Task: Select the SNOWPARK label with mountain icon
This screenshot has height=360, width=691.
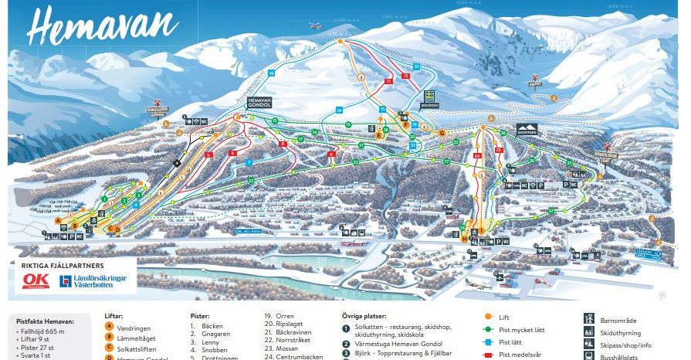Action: [x=525, y=129]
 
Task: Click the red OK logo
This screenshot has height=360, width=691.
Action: [x=35, y=280]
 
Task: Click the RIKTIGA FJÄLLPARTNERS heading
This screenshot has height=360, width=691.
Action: [x=59, y=263]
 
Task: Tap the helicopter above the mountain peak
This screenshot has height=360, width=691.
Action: [x=314, y=25]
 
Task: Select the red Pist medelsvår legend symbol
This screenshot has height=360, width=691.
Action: [x=488, y=355]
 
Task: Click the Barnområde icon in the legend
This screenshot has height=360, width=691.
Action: [x=591, y=318]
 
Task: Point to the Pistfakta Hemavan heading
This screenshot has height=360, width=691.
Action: [x=46, y=321]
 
